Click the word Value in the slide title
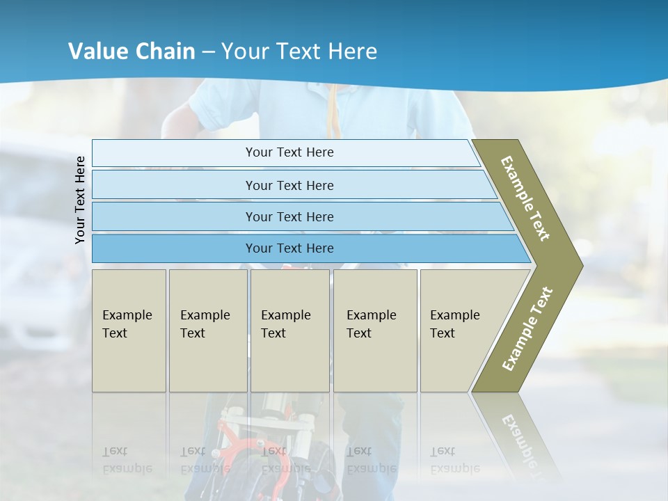click(97, 51)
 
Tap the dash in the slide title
click(208, 52)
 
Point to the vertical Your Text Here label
click(80, 200)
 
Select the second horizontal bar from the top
click(289, 185)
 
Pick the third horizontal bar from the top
click(289, 216)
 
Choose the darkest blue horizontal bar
click(289, 248)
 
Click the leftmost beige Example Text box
click(129, 330)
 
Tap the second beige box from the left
click(207, 330)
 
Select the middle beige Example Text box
click(289, 330)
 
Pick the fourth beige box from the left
click(374, 330)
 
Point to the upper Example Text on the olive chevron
click(525, 198)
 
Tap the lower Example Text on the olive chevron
click(527, 328)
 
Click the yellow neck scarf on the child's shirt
click(336, 111)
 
